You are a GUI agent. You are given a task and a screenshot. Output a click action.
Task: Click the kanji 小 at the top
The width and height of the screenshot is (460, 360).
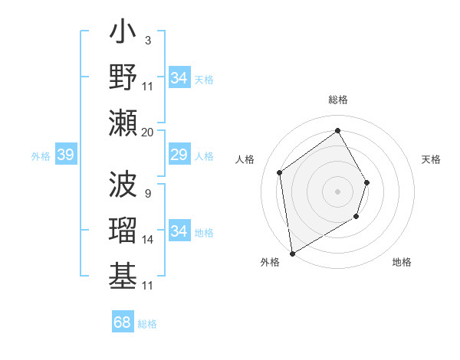coord(123,35)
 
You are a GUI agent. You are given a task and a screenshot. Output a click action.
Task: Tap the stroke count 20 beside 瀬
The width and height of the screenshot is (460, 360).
coord(147,132)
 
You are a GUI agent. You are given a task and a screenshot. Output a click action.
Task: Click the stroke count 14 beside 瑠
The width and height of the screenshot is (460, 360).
coord(148,240)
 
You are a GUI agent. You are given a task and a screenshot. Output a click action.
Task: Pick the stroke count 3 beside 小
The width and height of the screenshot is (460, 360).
coord(147,41)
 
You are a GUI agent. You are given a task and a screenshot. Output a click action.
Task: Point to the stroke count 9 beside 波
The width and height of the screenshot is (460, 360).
coord(147,192)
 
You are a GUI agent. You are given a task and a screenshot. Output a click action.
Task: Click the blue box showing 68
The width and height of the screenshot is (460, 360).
coord(123,322)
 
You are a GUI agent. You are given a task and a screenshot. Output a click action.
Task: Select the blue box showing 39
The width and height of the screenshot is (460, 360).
coord(65,155)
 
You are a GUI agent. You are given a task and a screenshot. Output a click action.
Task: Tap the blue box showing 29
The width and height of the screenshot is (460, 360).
coord(179,155)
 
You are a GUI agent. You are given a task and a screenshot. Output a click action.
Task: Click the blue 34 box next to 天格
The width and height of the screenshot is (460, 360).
coord(179,78)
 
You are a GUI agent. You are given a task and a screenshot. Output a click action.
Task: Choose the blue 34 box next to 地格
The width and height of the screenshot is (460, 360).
coord(179,231)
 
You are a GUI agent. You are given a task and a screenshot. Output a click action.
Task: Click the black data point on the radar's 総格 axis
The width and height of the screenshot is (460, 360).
coord(337,130)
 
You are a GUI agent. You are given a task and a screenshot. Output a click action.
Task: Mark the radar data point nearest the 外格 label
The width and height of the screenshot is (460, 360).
coord(292,253)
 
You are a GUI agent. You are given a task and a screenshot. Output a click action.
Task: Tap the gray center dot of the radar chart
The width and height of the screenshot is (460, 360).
coord(337,191)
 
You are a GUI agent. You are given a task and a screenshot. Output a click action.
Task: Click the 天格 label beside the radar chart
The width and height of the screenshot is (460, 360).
coord(431,159)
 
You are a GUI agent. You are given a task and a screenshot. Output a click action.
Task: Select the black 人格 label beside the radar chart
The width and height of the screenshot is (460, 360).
coord(245,159)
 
